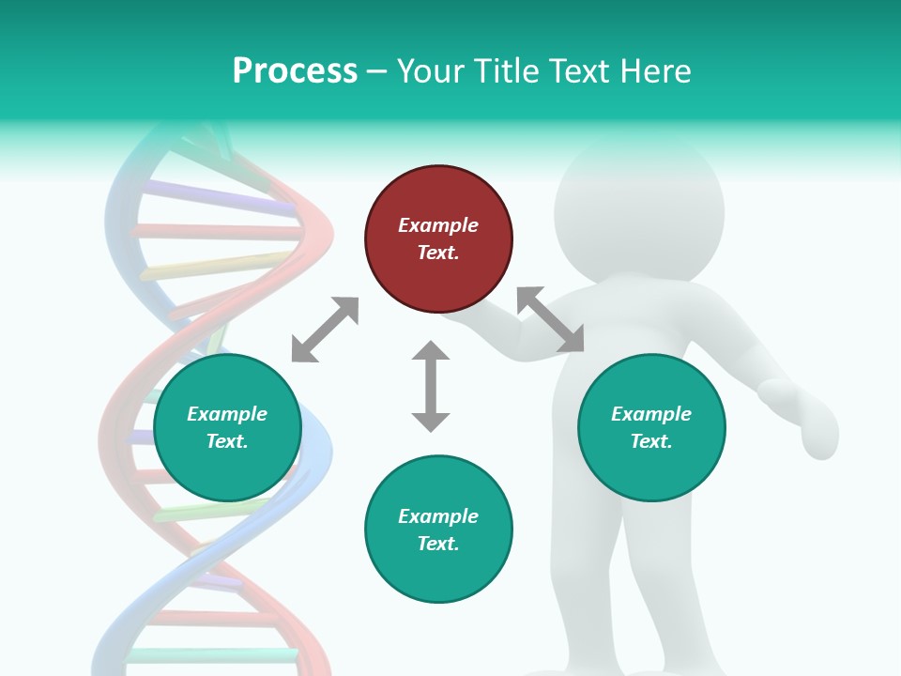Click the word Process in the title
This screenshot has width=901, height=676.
pyautogui.click(x=295, y=70)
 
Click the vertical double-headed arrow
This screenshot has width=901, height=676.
pyautogui.click(x=431, y=386)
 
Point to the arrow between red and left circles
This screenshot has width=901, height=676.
pyautogui.click(x=325, y=330)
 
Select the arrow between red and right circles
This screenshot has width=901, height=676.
pyautogui.click(x=550, y=320)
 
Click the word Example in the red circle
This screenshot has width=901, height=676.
pyautogui.click(x=438, y=225)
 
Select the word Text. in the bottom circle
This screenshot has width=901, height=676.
pyautogui.click(x=438, y=544)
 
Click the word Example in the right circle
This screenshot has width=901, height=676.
pyautogui.click(x=651, y=414)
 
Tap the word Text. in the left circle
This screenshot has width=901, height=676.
pyautogui.click(x=227, y=441)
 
